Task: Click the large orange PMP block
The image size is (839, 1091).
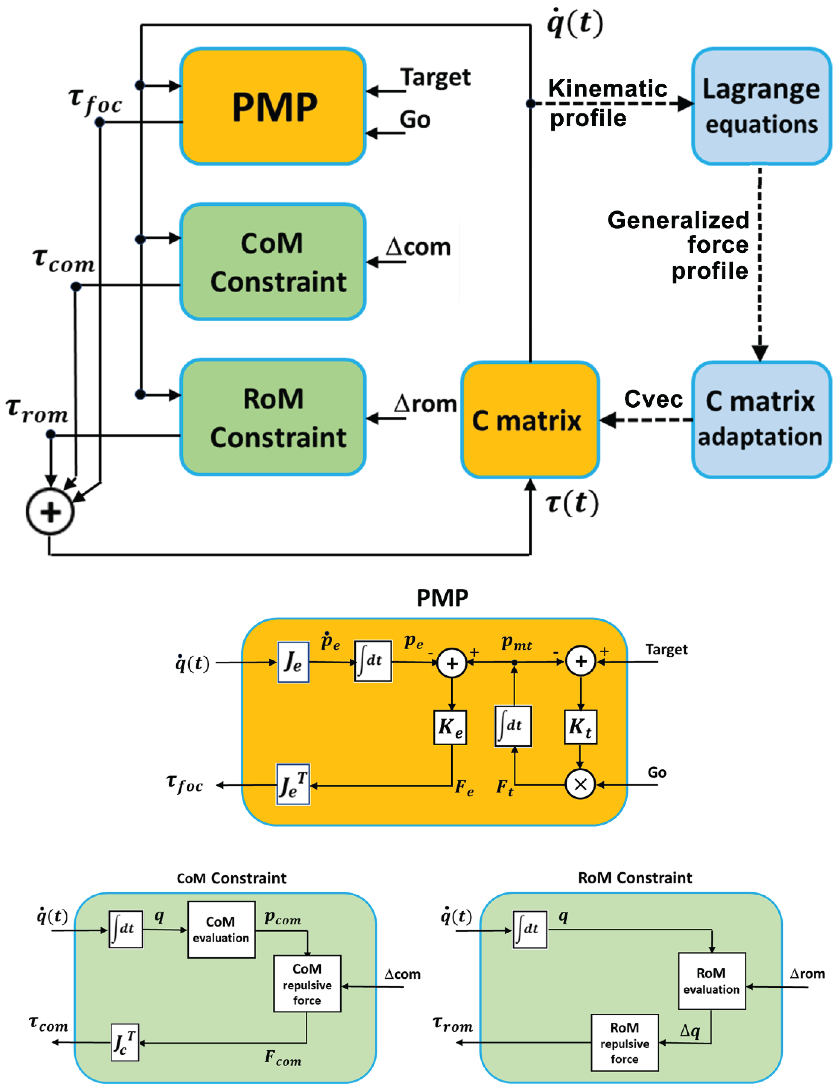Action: (273, 106)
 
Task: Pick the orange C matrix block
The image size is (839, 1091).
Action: (529, 419)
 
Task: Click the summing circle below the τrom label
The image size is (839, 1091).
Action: (50, 512)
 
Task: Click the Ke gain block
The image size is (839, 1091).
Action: (450, 728)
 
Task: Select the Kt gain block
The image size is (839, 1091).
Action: (580, 728)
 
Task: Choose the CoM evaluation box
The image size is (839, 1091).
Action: (221, 930)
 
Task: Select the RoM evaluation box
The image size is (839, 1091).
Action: (712, 981)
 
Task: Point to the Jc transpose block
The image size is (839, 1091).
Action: (124, 1043)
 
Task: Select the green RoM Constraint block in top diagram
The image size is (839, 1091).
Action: (273, 417)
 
